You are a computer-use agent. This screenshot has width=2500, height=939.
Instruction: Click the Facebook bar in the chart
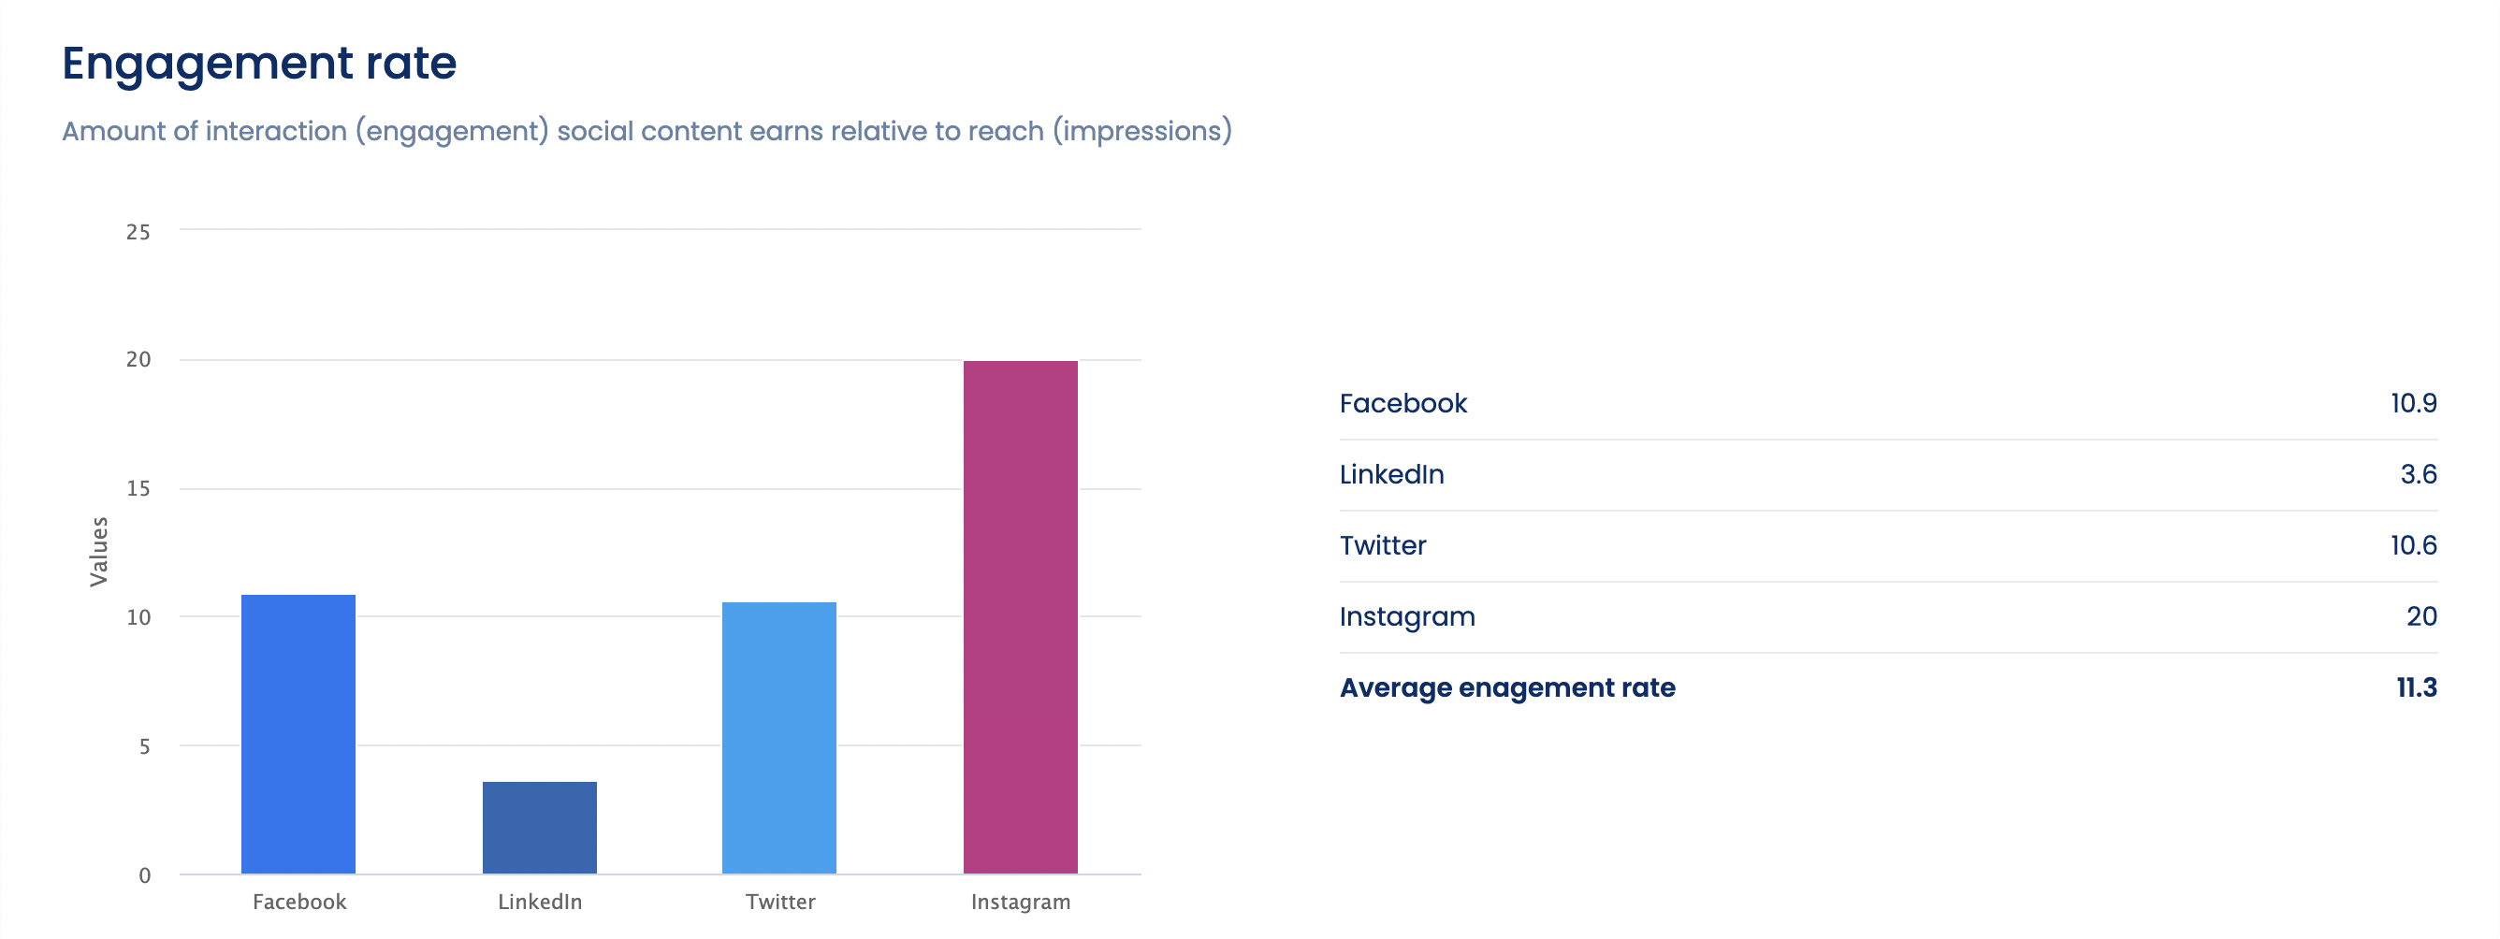(298, 733)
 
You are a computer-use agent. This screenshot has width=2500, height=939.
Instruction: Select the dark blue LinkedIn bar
(540, 827)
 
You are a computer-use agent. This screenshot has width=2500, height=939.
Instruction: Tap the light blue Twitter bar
(778, 737)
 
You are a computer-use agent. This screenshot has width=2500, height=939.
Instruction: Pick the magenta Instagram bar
(1020, 617)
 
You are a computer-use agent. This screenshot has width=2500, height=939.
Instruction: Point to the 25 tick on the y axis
(138, 232)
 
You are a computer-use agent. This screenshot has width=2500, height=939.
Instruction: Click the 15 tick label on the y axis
(138, 488)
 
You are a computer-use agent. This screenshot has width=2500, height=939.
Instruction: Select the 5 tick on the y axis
(144, 746)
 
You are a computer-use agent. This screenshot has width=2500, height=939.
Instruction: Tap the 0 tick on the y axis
(144, 875)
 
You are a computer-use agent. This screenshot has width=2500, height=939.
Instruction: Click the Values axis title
(98, 551)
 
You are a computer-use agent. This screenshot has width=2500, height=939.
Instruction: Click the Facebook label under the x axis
(298, 902)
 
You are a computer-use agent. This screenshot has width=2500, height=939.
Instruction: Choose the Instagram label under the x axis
(1020, 902)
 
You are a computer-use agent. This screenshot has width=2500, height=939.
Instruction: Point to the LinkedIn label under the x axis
(540, 902)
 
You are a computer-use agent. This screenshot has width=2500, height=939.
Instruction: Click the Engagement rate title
(259, 63)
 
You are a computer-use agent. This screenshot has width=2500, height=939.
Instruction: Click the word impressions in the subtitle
(1141, 131)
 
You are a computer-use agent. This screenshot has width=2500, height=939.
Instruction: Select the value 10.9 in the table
(2413, 403)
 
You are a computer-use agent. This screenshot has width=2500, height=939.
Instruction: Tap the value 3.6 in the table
(2418, 474)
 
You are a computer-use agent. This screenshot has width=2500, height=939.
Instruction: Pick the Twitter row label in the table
(1382, 545)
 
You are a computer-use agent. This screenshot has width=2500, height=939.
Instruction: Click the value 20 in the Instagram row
(2420, 616)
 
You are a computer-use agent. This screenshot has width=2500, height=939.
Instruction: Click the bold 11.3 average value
(2416, 686)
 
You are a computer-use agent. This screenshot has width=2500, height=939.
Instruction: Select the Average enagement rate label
(1506, 686)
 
